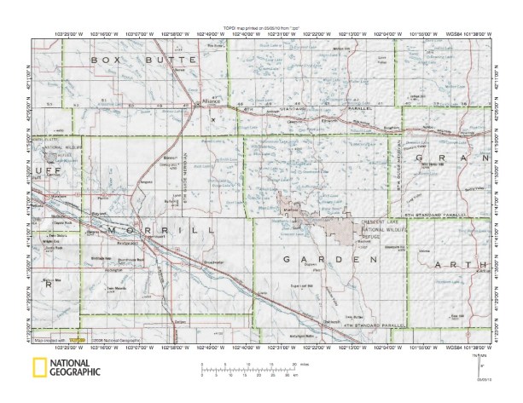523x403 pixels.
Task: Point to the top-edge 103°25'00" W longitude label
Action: point(67,34)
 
